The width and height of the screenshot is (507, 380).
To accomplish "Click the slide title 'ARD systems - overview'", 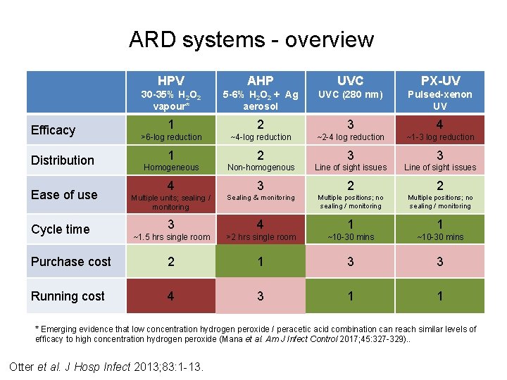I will pos(251,40).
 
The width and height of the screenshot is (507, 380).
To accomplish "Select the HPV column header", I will pos(170,81).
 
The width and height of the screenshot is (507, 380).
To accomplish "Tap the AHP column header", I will pos(261,81).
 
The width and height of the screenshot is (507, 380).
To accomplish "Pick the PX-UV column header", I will pos(440,81).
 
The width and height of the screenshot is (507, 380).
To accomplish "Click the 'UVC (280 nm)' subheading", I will pos(351,94).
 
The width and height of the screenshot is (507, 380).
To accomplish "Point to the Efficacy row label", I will pos(53,130).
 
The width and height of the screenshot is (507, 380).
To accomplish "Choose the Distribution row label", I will pos(62,160).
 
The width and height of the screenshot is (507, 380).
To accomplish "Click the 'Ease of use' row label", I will pos(64,195).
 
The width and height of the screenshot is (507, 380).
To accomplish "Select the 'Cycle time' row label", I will pos(60,229).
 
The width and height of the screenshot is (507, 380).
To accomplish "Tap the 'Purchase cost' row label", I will pos(71,262).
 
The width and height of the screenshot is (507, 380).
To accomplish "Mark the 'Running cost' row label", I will pos(68,296).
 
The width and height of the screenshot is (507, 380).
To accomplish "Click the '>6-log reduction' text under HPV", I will pos(170,137).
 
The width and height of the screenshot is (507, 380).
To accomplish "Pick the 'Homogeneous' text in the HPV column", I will pos(171,167).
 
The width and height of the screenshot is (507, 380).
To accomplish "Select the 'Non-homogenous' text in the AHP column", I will pos(261,167).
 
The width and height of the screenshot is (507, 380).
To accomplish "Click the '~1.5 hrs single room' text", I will pos(171,237).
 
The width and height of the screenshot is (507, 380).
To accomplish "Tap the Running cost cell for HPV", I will pos(171,296).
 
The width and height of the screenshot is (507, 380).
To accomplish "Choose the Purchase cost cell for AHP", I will pos(261,262).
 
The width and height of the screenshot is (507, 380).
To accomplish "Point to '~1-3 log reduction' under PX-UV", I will pos(440,137).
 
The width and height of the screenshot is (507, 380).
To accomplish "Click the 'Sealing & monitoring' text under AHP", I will pos(261,198).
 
